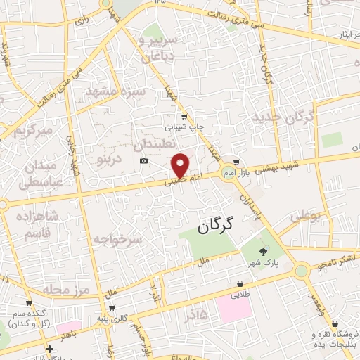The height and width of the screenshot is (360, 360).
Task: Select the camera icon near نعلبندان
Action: [x=144, y=161]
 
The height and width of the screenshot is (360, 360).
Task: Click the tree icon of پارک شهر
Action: [x=263, y=252]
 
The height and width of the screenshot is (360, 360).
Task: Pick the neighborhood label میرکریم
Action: [x=35, y=131]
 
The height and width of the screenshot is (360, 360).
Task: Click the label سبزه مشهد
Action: [x=116, y=91]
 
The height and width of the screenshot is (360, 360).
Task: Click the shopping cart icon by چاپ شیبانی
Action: [x=184, y=117]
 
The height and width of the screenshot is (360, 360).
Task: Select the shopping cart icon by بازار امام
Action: [x=237, y=161]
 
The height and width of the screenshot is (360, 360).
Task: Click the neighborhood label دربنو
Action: [x=109, y=160]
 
